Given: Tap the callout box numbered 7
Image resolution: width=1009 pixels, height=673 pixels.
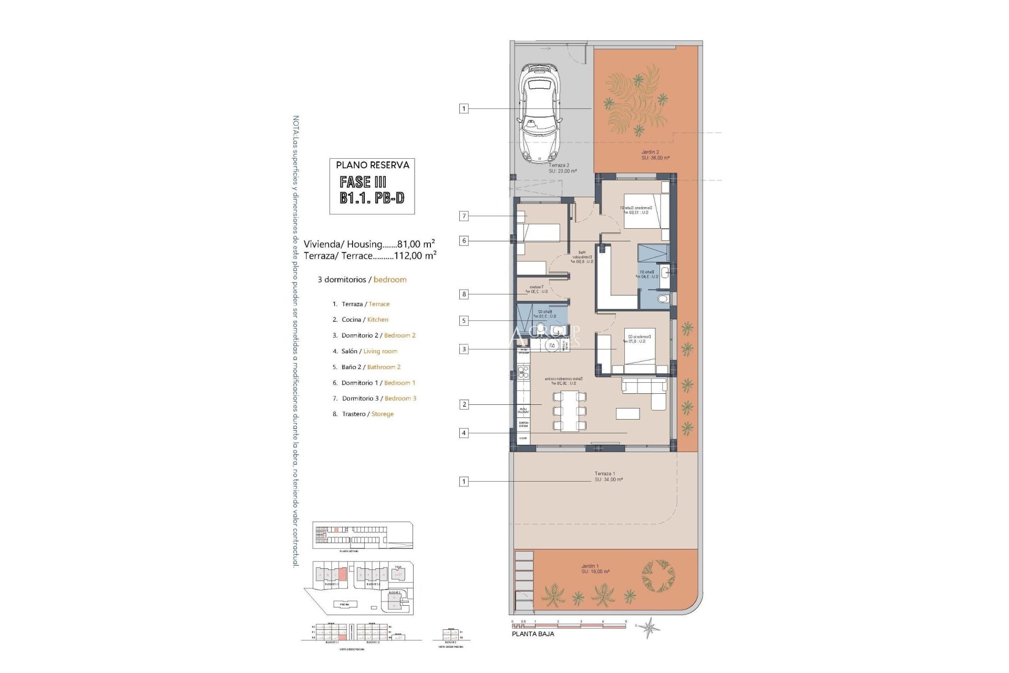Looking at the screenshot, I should (x=464, y=216).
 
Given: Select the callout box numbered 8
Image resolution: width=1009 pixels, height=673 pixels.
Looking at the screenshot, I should (x=464, y=294).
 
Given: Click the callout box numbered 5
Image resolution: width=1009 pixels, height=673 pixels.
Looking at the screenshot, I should (x=464, y=321).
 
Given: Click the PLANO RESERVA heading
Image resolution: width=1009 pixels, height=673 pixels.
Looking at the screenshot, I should (x=372, y=165).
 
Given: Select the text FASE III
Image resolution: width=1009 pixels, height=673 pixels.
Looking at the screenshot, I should (x=363, y=182).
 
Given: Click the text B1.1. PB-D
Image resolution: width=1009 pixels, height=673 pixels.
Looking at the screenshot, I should (x=372, y=198).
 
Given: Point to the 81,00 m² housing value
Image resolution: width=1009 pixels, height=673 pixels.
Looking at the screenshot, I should (x=416, y=244).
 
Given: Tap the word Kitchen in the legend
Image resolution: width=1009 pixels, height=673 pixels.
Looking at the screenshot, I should (x=377, y=320).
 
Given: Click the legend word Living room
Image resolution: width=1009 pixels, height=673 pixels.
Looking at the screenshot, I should (x=380, y=351).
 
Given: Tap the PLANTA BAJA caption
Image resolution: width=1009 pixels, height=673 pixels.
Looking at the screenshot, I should (x=532, y=634).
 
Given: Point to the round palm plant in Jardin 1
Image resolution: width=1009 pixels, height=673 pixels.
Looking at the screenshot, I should (x=658, y=576).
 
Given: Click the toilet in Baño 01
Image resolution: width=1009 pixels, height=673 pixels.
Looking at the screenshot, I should (x=663, y=299).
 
